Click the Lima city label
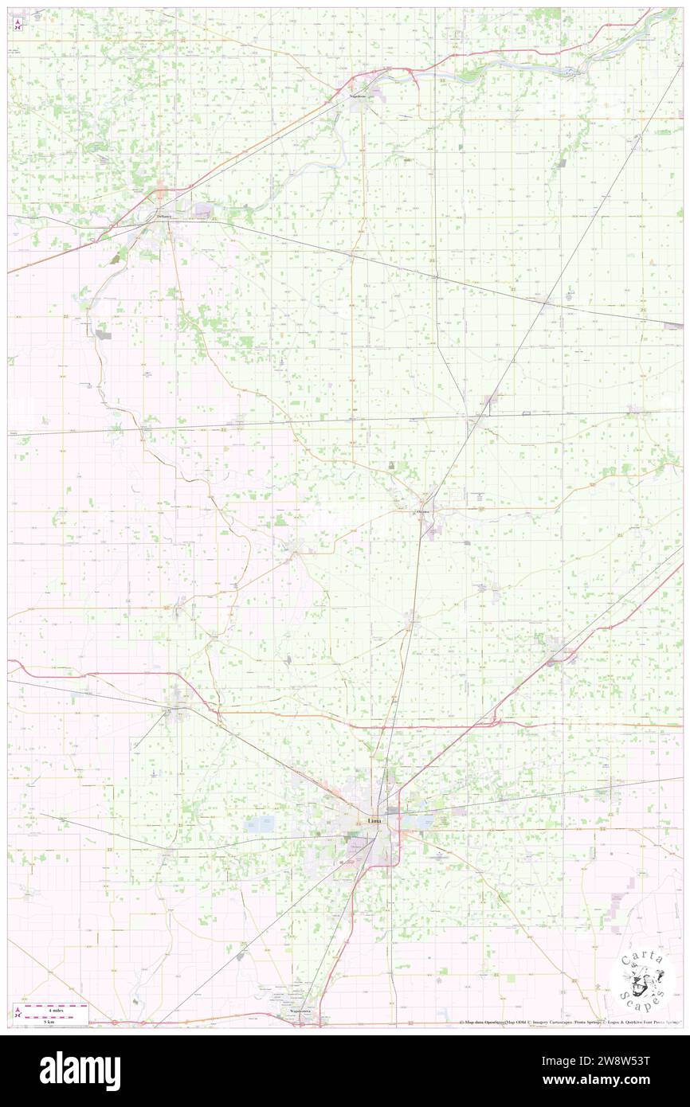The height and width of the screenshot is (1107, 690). [373, 821]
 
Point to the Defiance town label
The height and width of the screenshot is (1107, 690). [164, 216]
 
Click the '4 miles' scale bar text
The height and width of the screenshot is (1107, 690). [53, 1007]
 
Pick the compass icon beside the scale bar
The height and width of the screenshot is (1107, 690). [18, 1012]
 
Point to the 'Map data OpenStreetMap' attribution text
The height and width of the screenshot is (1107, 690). [485, 1023]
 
